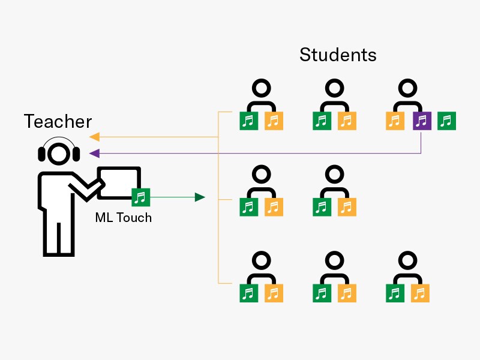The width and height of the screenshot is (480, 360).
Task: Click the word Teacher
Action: point(58,121)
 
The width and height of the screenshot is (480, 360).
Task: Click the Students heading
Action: point(338,55)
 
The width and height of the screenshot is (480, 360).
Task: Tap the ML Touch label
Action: point(124,217)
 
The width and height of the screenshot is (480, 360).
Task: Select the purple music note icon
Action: point(422,121)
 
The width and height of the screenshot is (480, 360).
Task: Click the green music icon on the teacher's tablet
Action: point(140,196)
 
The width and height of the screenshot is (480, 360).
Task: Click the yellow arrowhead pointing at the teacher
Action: point(94,136)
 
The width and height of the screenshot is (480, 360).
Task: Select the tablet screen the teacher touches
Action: point(118,182)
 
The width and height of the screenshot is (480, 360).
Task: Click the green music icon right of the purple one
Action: point(446,121)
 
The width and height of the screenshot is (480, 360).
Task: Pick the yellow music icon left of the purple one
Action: point(395,121)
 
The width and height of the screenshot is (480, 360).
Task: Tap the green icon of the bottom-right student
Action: point(395,293)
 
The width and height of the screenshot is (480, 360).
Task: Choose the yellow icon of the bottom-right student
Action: point(420,293)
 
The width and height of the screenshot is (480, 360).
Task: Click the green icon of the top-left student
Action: point(248,121)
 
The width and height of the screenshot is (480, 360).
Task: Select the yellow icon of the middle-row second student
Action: point(347,207)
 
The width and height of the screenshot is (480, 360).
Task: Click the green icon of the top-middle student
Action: point(322,121)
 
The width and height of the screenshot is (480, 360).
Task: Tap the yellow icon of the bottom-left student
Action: point(274,293)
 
